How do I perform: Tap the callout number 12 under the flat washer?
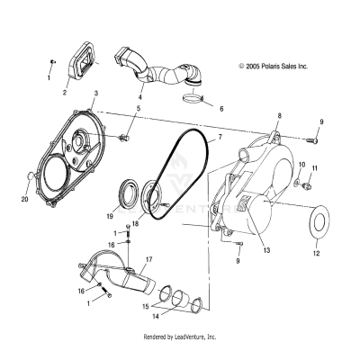(x=316, y=255)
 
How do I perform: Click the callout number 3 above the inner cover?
(x=96, y=93)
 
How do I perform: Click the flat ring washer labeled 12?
(x=318, y=220)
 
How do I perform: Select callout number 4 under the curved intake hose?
(x=139, y=96)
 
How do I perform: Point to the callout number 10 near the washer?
(x=301, y=166)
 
